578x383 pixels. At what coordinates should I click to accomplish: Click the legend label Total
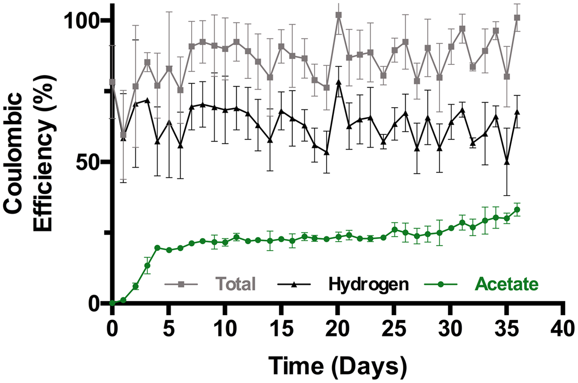tap(235, 284)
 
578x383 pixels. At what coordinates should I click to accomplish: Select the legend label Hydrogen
tap(367, 284)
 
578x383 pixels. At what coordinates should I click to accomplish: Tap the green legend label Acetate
tap(506, 284)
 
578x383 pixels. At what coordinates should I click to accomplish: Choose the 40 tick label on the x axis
tap(564, 328)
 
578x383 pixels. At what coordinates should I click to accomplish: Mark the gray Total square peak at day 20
tap(338, 15)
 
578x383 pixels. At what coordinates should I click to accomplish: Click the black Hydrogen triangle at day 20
tap(338, 82)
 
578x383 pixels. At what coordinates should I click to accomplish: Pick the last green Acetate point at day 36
tap(517, 210)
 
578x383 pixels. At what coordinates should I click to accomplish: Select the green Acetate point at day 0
tap(112, 303)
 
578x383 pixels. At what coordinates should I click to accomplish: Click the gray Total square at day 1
tap(123, 135)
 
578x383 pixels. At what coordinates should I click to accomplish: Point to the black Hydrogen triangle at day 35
tap(506, 162)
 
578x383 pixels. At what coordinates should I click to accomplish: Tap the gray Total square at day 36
tap(517, 18)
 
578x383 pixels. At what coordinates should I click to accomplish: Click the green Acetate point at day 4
tap(157, 248)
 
